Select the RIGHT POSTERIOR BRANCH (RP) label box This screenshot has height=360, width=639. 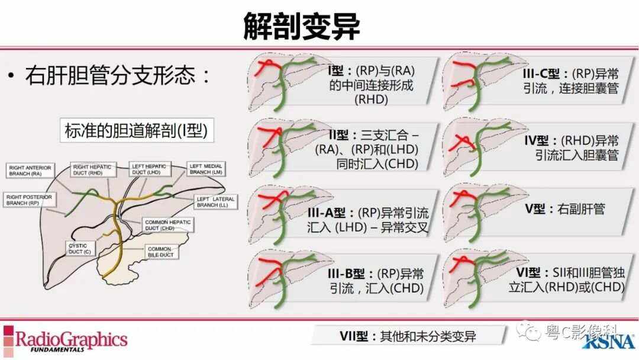click(26, 199)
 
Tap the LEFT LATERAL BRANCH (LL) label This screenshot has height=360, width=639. click(215, 202)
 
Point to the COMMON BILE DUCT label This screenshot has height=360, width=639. click(160, 251)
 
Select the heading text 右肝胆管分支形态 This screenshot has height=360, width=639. click(118, 76)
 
